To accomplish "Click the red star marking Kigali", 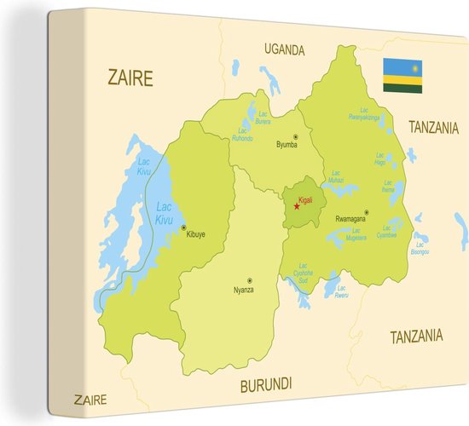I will click(297, 206).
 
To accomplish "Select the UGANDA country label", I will click(284, 50).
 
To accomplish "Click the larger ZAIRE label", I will click(130, 78).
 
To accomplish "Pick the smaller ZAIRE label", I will click(90, 399).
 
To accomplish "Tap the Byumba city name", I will click(287, 145).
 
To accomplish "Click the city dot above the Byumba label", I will click(296, 135).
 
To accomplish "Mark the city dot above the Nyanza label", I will click(249, 279).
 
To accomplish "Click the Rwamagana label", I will click(350, 219).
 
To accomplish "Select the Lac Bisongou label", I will click(420, 249).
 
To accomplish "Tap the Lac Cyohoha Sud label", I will click(304, 274).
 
